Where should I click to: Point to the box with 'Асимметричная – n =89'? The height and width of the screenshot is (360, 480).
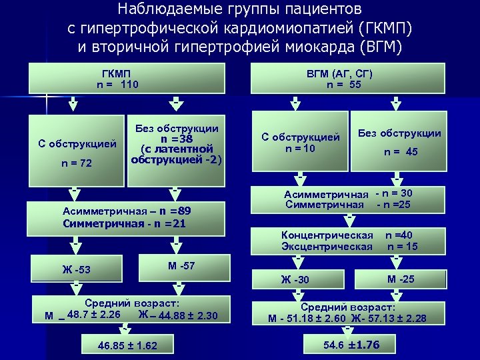[x=126, y=217]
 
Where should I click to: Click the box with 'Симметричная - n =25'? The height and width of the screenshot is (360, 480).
[x=349, y=199]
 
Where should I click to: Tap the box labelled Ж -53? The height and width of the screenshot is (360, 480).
[x=75, y=269]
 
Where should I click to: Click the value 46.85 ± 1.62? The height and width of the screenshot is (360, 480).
[x=127, y=345]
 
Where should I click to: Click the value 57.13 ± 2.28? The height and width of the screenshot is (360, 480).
[x=401, y=318]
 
